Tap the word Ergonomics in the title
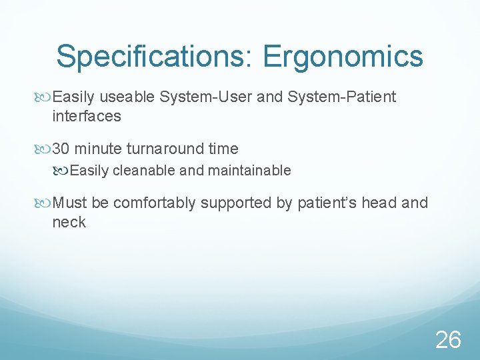(x=343, y=57)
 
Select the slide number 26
(x=448, y=340)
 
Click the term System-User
(x=206, y=97)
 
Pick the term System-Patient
(x=341, y=97)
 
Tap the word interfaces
(x=87, y=116)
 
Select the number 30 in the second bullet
(x=61, y=149)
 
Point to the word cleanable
(x=145, y=171)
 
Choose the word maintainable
(x=249, y=171)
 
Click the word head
(x=379, y=203)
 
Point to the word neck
(x=69, y=221)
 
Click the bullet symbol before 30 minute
(x=45, y=149)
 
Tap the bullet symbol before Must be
(x=45, y=203)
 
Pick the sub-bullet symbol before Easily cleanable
(x=62, y=171)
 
